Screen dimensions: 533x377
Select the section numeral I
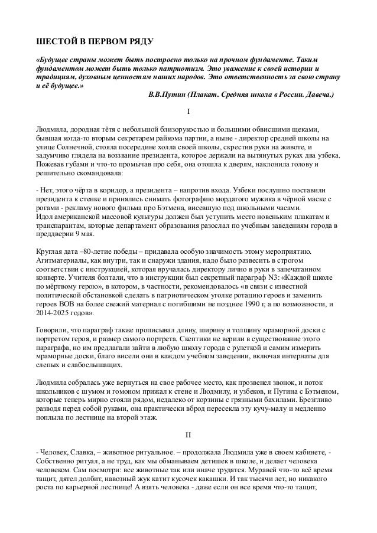[188, 112]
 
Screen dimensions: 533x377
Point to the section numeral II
[188, 436]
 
